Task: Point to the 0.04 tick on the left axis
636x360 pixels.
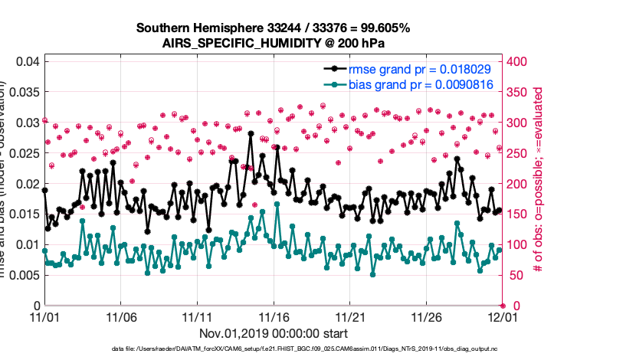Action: click(x=27, y=61)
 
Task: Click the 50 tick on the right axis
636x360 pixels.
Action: click(x=513, y=275)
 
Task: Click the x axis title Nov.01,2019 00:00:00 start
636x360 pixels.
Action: click(x=274, y=334)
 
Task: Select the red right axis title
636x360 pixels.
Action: click(x=538, y=184)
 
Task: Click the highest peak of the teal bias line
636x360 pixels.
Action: click(x=277, y=204)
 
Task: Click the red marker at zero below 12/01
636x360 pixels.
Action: click(x=502, y=306)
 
